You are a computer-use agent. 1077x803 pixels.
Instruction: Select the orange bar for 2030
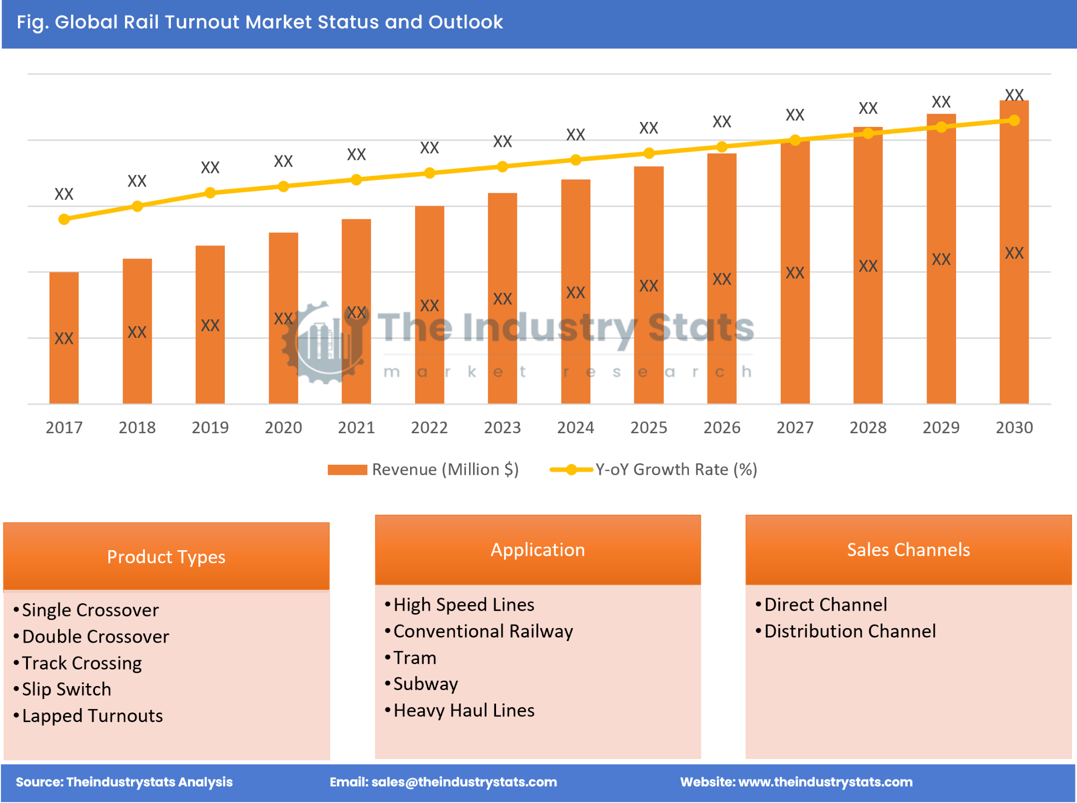1014,252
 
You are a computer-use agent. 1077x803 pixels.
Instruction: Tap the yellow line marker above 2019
210,193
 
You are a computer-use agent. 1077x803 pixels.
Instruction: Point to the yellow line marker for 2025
648,153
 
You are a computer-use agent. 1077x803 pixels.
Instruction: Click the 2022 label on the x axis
429,428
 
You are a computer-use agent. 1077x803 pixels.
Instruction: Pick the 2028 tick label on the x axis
868,428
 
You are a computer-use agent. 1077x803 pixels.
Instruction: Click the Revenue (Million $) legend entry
424,470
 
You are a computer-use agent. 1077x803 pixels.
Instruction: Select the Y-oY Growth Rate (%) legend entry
653,470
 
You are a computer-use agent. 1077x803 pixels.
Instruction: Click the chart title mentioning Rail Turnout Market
260,22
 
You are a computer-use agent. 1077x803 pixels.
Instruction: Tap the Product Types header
166,557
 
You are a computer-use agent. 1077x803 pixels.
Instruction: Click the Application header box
538,550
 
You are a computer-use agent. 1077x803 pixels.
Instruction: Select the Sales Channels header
908,550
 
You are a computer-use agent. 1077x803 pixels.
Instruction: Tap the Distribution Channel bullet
850,632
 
